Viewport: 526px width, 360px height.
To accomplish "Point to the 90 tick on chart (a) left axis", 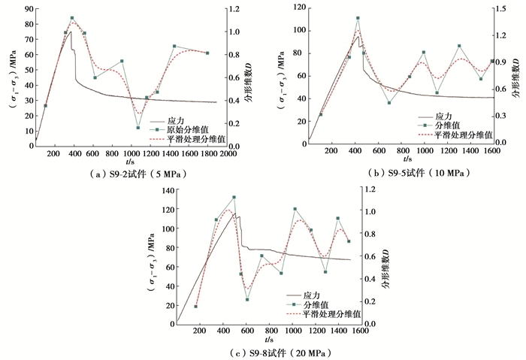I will point(28,9).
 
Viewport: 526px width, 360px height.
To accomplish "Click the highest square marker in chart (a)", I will point(72,17).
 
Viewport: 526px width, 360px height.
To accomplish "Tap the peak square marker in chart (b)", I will point(358,18).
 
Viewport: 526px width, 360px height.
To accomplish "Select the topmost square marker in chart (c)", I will point(234,197).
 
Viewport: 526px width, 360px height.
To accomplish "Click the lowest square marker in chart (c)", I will point(195,307).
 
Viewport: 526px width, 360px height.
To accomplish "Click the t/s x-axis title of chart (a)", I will point(131,160).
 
